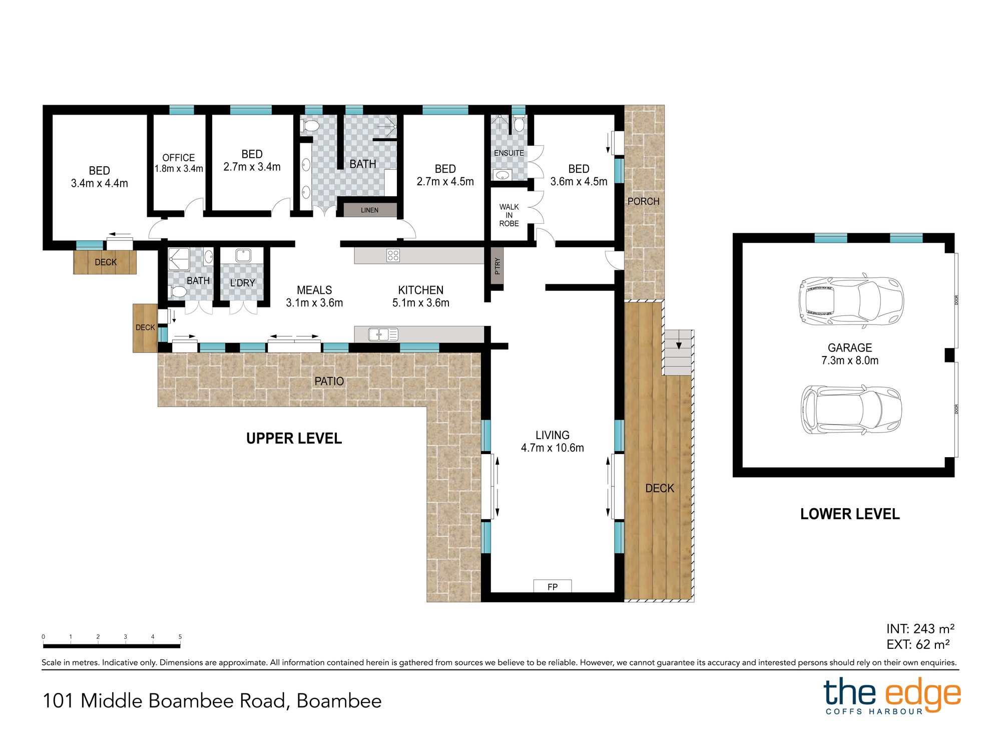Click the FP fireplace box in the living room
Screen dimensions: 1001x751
click(553, 586)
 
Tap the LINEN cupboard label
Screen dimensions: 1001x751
click(370, 210)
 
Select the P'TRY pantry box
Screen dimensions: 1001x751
click(497, 266)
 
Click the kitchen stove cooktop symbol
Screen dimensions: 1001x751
click(393, 256)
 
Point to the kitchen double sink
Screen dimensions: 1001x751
click(383, 334)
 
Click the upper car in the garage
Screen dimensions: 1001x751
click(851, 300)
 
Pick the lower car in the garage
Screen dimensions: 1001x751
click(851, 410)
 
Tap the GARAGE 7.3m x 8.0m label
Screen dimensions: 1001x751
click(850, 354)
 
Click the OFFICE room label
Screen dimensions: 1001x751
click(179, 158)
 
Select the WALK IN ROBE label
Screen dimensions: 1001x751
click(509, 215)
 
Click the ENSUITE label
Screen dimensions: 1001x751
click(509, 153)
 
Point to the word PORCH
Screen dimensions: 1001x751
click(644, 201)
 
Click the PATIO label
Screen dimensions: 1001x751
click(329, 382)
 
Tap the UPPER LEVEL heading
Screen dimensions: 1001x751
click(294, 439)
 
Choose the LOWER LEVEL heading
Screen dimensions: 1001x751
click(850, 514)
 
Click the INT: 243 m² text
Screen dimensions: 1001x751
click(920, 629)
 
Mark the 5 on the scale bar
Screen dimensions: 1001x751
click(180, 637)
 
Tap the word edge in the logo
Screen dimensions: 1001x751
click(923, 694)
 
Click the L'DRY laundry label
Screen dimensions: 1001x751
click(243, 283)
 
